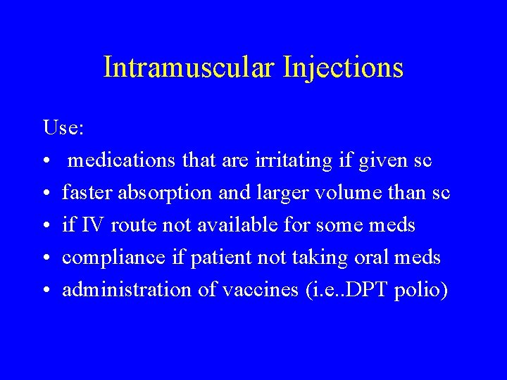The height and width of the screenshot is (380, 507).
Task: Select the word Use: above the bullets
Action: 63,128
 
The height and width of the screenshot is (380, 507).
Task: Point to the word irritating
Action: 299,161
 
